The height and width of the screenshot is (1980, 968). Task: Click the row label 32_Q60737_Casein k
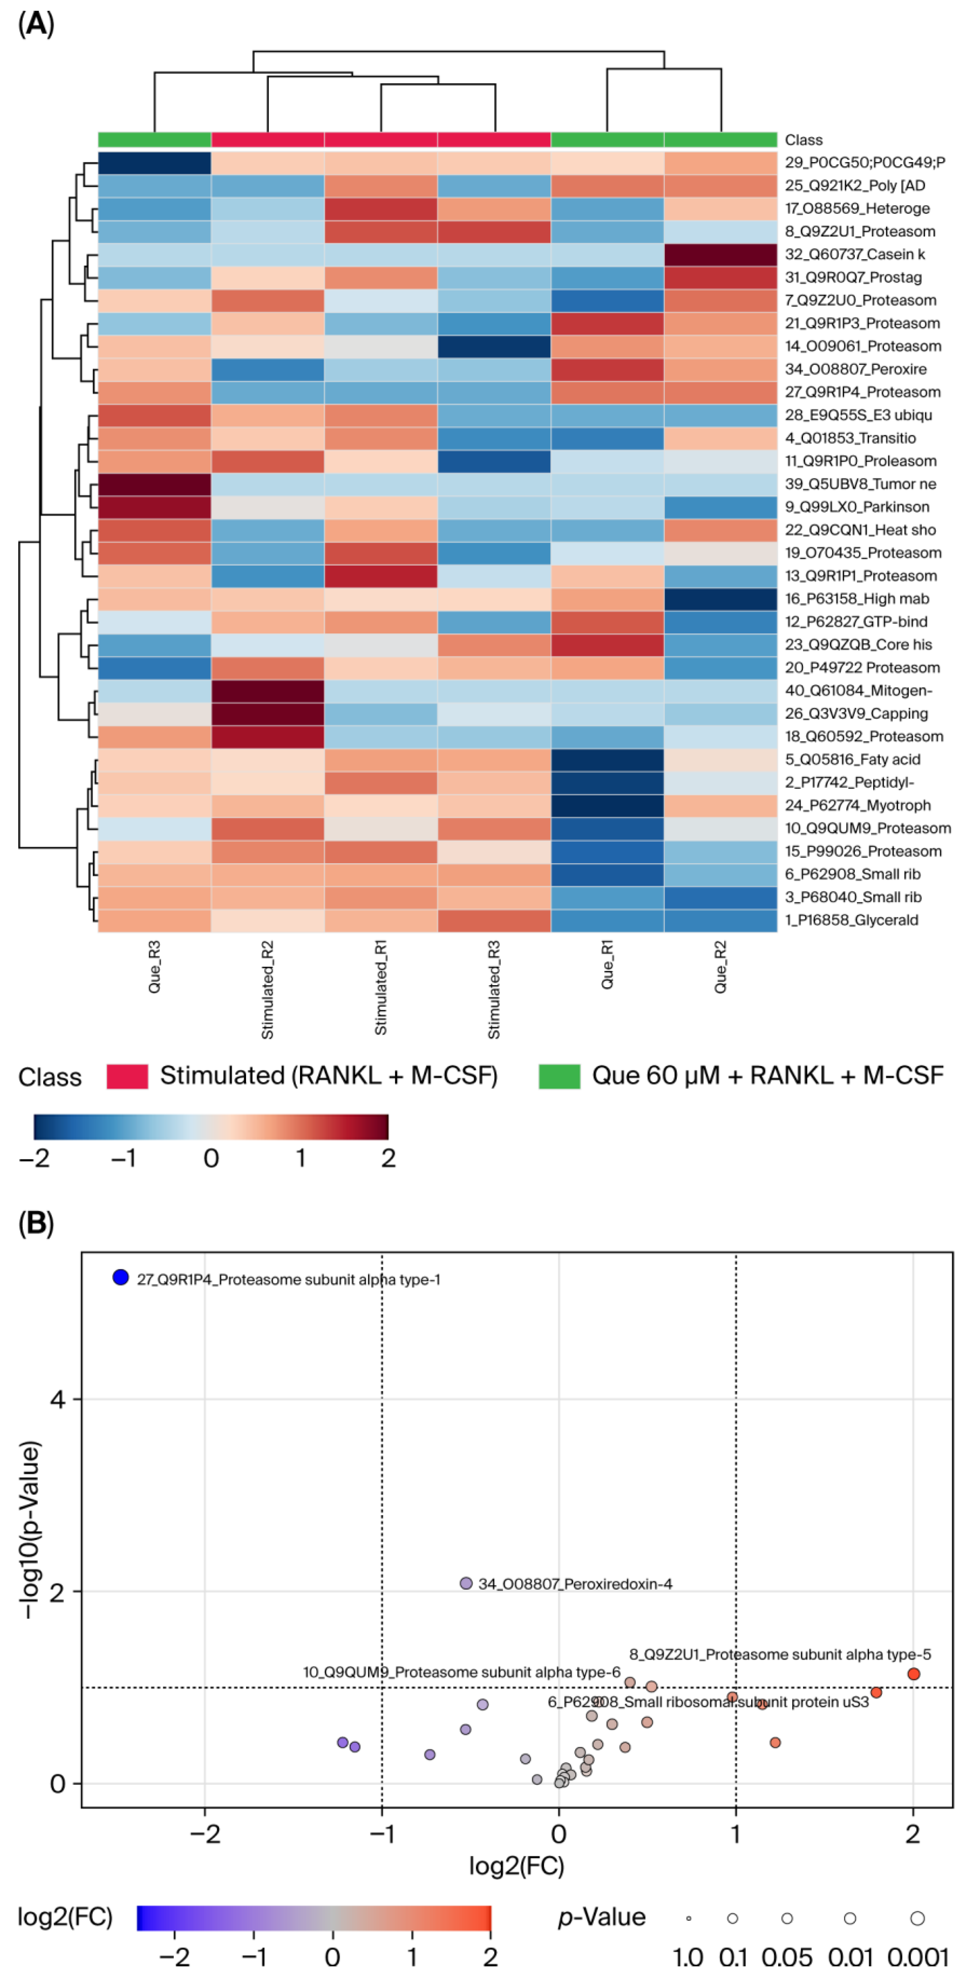click(854, 254)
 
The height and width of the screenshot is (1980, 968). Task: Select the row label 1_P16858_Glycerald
click(851, 920)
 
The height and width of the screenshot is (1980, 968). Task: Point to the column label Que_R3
click(155, 967)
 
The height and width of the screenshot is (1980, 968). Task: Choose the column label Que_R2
click(721, 967)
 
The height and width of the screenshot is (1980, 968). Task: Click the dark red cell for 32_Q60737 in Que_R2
click(721, 254)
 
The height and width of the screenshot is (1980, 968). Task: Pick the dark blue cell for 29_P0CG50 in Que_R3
click(155, 163)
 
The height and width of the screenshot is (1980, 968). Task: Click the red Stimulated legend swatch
click(127, 1076)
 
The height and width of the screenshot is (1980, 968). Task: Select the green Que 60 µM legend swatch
click(559, 1076)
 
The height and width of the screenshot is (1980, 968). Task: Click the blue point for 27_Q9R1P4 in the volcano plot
click(121, 1277)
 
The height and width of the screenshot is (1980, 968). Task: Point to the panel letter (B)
click(35, 1224)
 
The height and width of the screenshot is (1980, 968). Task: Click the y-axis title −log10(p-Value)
click(29, 1530)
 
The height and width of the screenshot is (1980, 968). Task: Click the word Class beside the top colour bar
click(803, 140)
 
